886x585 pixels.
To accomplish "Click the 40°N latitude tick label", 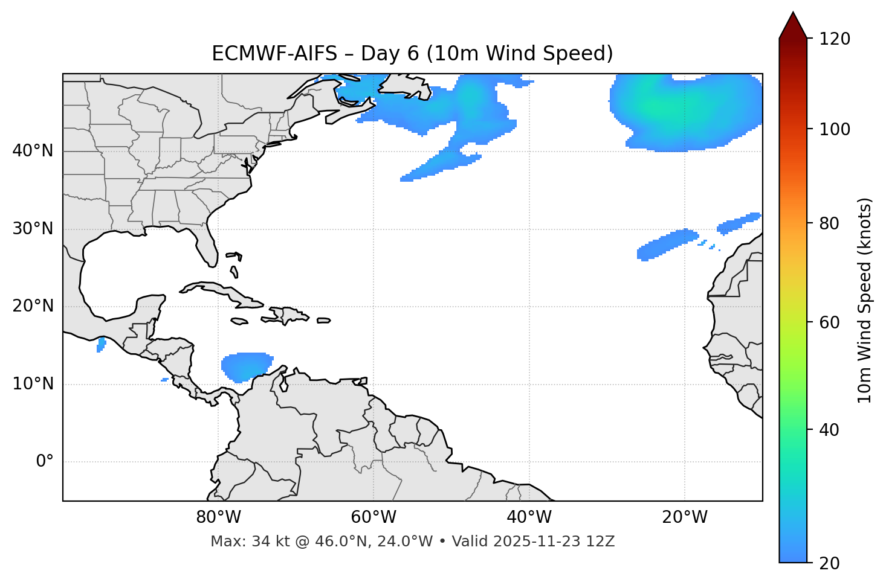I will pyautogui.click(x=33, y=151).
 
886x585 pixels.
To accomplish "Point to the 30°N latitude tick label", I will pyautogui.click(x=33, y=229).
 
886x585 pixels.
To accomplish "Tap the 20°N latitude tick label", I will pyautogui.click(x=33, y=306).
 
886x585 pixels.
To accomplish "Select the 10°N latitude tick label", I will pyautogui.click(x=33, y=384).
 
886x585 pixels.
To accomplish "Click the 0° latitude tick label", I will pyautogui.click(x=45, y=462).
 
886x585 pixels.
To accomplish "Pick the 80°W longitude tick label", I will pyautogui.click(x=218, y=517).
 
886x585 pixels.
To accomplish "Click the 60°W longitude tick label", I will pyautogui.click(x=373, y=517).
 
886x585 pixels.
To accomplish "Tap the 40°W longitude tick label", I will pyautogui.click(x=529, y=517).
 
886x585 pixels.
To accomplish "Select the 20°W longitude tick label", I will pyautogui.click(x=684, y=517).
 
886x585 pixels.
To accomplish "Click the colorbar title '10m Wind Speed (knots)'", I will pyautogui.click(x=865, y=300).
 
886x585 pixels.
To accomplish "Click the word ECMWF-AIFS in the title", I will pyautogui.click(x=274, y=54).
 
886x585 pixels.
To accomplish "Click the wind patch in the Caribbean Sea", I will pyautogui.click(x=246, y=366).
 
